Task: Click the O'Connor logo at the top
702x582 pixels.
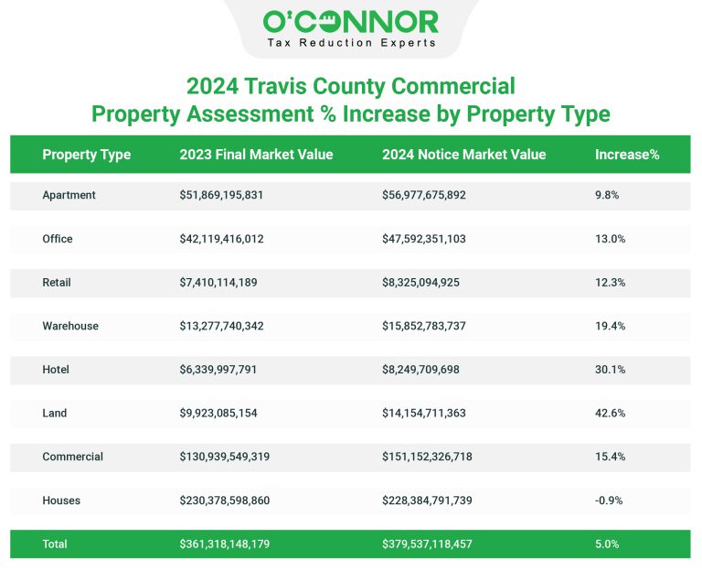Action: tap(350, 21)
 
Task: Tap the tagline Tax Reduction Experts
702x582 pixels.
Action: tap(350, 43)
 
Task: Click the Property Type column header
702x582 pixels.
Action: tap(86, 155)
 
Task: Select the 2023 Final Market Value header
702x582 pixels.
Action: tap(256, 155)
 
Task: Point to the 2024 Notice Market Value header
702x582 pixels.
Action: tap(463, 155)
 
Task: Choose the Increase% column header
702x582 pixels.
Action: tap(627, 155)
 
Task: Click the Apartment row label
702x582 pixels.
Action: tap(69, 195)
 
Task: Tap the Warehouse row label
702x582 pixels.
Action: tap(70, 326)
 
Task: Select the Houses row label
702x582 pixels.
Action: tap(61, 501)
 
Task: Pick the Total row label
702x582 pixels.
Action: tap(55, 544)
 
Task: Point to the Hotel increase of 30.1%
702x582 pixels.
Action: tap(610, 370)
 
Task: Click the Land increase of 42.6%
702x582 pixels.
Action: tap(610, 413)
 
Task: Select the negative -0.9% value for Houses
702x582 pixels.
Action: tap(610, 501)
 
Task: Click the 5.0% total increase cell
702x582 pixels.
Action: tap(607, 544)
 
